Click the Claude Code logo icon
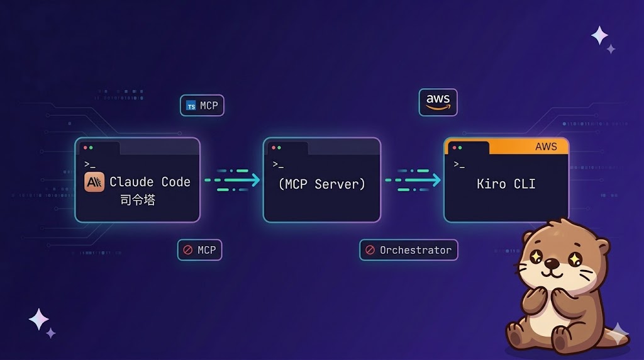[94, 182]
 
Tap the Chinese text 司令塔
[138, 201]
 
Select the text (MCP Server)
[321, 184]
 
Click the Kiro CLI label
[506, 184]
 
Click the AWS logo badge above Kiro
[438, 102]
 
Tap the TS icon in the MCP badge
[191, 106]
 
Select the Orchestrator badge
[409, 250]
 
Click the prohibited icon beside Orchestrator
[370, 250]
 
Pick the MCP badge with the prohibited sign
[200, 250]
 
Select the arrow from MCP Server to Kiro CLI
[413, 180]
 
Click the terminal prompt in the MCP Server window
[277, 164]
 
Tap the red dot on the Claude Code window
[85, 148]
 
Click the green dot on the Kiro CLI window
[460, 148]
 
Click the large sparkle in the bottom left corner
[38, 319]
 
